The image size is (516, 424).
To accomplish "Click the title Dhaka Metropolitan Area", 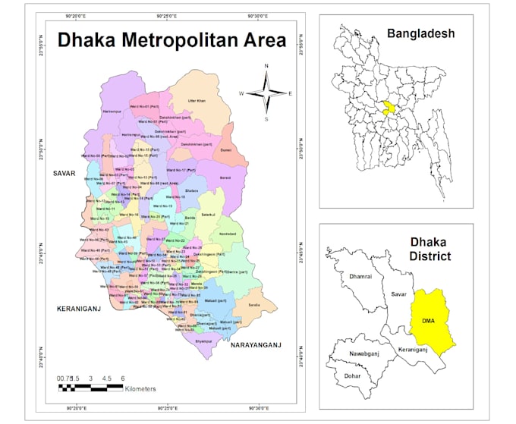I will pyautogui.click(x=172, y=40).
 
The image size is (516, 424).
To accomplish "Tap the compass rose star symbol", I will pyautogui.click(x=266, y=93).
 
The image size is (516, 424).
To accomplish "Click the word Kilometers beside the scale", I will pyautogui.click(x=140, y=388).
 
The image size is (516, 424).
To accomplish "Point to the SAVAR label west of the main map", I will pyautogui.click(x=66, y=174).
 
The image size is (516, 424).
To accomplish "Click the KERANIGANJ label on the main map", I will pyautogui.click(x=80, y=309).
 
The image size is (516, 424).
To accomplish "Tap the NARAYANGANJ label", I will pyautogui.click(x=256, y=344).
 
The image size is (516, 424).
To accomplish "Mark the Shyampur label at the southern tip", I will pyautogui.click(x=203, y=341).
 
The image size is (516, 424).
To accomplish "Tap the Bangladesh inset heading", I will pyautogui.click(x=420, y=33).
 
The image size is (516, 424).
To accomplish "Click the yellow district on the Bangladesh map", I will pyautogui.click(x=389, y=108).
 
